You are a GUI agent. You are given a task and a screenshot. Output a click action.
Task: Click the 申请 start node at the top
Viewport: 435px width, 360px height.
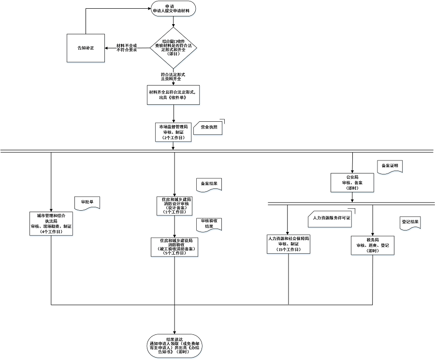tap(174, 9)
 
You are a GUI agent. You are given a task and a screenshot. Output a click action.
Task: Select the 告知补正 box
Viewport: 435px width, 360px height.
tap(86, 48)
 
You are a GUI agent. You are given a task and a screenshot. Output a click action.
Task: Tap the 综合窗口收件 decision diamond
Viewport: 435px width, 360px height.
tap(174, 47)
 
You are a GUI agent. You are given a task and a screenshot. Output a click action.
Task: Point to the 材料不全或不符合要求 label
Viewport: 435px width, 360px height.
tap(127, 47)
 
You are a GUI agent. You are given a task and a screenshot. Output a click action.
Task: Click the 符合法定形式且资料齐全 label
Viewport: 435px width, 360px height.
tap(174, 76)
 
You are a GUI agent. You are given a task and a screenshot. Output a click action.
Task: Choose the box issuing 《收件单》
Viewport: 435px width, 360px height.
tap(174, 94)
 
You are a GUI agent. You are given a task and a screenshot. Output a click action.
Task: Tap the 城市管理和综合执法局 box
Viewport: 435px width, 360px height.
tap(51, 223)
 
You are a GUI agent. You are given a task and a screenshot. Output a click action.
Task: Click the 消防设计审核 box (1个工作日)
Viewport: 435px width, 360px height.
tap(174, 205)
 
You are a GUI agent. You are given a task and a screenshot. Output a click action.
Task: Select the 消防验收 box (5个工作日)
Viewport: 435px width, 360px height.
tap(174, 246)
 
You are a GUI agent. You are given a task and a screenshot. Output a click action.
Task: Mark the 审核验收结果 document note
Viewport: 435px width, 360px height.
tap(209, 223)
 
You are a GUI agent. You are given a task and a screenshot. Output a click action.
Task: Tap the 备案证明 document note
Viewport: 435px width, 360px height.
tap(389, 166)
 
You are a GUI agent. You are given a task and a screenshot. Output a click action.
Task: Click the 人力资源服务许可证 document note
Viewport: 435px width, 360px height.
tap(330, 218)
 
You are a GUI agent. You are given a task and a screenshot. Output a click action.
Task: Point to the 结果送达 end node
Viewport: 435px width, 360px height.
tap(174, 346)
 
